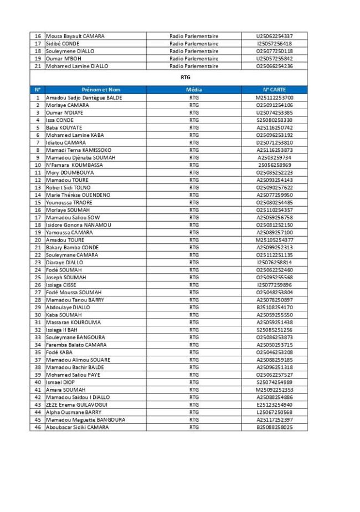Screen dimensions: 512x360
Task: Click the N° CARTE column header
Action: pos(274,89)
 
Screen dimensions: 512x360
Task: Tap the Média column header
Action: pos(194,89)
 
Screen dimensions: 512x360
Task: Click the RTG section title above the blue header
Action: pos(186,78)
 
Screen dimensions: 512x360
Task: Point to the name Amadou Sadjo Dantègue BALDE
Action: pos(84,98)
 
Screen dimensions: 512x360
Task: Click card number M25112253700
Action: pos(274,98)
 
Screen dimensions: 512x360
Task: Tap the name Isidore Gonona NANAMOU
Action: pos(78,225)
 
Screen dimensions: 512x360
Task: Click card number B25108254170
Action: pos(274,307)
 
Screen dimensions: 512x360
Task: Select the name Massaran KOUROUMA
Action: pos(73,322)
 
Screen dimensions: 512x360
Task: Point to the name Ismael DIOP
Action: pos(60,382)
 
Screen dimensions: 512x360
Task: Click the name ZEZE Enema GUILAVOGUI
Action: pos(78,405)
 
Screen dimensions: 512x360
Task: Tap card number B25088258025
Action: pos(274,427)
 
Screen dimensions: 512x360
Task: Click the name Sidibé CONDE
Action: pos(63,44)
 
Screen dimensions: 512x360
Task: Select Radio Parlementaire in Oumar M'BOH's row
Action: pos(194,59)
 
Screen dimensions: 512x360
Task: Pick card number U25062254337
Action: pos(274,36)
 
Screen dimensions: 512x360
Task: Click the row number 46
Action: pos(38,427)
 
